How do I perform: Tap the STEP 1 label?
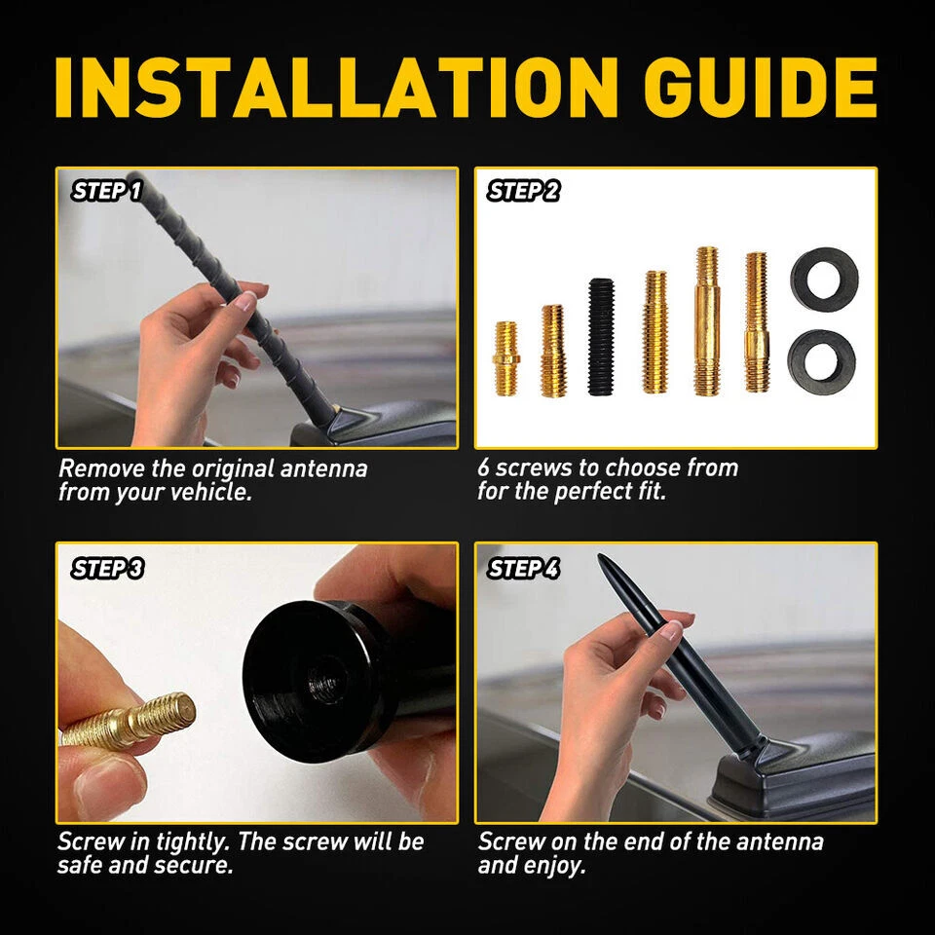[x=107, y=191]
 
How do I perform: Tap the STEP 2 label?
[x=524, y=191]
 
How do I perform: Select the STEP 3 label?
[x=107, y=569]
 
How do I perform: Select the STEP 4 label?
[x=524, y=569]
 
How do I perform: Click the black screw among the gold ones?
[x=601, y=337]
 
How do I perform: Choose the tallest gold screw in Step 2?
[x=706, y=321]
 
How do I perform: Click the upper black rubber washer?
[x=824, y=277]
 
